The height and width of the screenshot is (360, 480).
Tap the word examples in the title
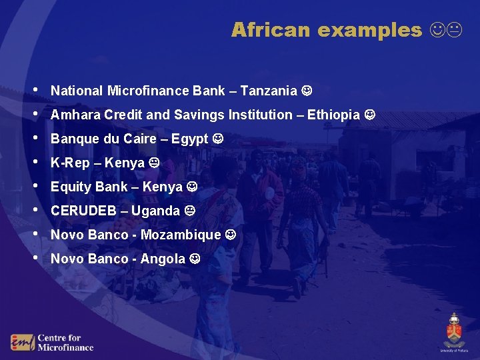point(370,30)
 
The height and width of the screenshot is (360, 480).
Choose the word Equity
point(71,187)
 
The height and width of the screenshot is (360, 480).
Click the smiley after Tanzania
point(307,90)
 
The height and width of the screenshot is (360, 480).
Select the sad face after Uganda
point(190,211)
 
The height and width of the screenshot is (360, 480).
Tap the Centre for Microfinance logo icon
point(22,342)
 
